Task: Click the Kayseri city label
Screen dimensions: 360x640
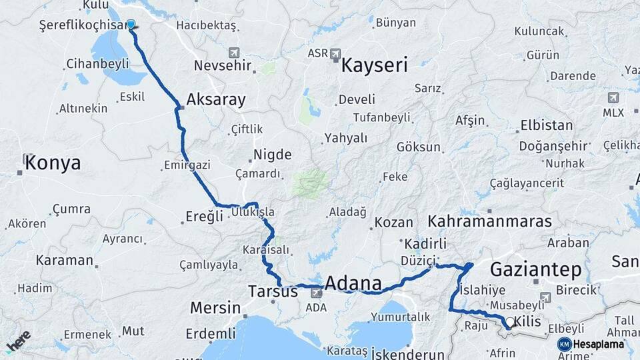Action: point(374,65)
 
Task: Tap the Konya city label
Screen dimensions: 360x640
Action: point(53,163)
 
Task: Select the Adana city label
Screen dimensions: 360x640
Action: point(353,283)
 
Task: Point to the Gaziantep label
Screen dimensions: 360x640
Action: point(535,269)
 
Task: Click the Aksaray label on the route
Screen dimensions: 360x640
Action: point(216,100)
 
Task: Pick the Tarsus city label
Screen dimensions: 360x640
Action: point(272,291)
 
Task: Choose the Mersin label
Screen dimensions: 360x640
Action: point(215,308)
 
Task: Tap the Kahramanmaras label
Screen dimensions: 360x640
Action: point(490,221)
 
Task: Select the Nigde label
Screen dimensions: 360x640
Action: point(272,155)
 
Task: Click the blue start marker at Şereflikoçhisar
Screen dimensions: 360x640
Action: point(131,24)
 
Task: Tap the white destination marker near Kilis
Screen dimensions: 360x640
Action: point(510,322)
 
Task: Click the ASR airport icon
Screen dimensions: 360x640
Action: point(335,53)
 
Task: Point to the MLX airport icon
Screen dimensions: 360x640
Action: point(613,98)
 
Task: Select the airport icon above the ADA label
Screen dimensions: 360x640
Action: point(317,293)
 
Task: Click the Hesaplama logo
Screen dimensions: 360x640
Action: point(592,344)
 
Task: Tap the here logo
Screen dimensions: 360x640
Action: point(18,341)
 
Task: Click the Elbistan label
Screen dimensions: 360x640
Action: point(546,125)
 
